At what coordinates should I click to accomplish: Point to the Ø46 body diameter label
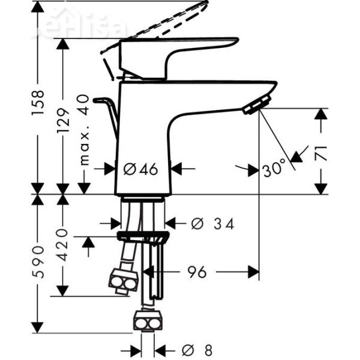(x=141, y=169)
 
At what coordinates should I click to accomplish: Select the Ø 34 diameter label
(x=212, y=224)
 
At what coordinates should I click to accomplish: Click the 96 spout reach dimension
(x=196, y=272)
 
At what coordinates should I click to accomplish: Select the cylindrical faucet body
(x=144, y=138)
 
